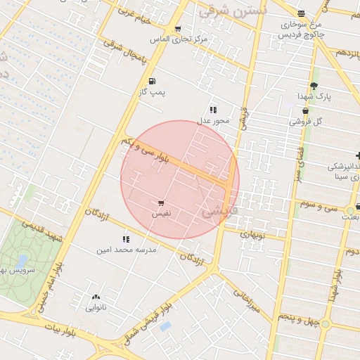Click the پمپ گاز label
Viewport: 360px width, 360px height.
[152, 92]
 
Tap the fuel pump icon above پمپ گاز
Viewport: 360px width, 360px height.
[153, 81]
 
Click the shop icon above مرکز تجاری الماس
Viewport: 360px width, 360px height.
[177, 29]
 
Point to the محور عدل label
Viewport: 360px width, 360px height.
[212, 120]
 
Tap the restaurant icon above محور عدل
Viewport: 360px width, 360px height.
[212, 110]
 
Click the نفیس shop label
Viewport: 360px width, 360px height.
[161, 212]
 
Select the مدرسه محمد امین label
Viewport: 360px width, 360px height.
[127, 250]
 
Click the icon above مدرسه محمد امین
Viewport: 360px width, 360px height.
[127, 240]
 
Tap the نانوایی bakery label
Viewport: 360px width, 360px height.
[96, 307]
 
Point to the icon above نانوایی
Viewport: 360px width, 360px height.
[96, 297]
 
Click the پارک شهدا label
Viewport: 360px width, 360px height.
[313, 96]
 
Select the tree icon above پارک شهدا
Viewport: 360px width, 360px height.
[314, 85]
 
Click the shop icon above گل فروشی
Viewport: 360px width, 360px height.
[305, 111]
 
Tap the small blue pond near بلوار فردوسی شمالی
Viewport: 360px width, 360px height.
[165, 326]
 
